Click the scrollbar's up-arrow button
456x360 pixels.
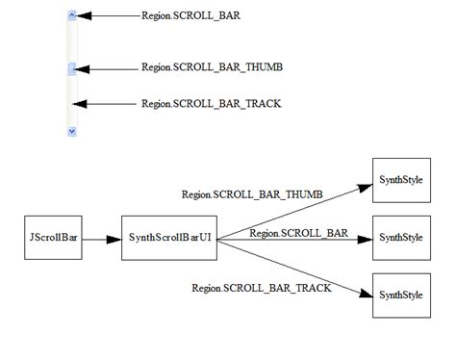[72, 16]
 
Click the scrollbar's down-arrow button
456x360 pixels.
[72, 130]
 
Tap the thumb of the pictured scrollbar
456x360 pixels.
[72, 68]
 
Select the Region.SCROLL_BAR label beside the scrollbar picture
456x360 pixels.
[190, 16]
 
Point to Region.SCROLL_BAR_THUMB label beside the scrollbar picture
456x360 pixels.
[212, 67]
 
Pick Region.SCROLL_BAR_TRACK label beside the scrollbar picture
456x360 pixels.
[212, 103]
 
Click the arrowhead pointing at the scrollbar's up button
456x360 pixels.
[84, 16]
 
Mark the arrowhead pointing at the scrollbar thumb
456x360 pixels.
[84, 68]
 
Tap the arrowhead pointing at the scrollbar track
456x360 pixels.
[84, 103]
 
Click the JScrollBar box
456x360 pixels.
[50, 238]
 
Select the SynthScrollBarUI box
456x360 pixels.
[168, 238]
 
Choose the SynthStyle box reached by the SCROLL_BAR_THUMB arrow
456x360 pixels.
[400, 180]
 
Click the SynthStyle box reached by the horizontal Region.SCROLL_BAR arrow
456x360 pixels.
[400, 238]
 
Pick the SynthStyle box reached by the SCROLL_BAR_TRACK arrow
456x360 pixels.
[400, 295]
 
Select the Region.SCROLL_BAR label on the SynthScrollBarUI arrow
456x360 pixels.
[298, 232]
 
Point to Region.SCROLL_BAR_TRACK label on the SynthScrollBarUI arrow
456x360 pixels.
[262, 287]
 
